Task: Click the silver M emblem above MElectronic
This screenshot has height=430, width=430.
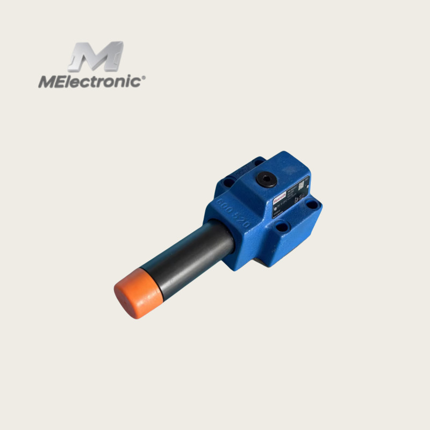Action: tap(96, 56)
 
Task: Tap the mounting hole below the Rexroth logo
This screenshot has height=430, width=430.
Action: tap(281, 227)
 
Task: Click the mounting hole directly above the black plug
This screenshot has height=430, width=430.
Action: tap(259, 162)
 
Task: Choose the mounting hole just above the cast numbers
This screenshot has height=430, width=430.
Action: tap(228, 183)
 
